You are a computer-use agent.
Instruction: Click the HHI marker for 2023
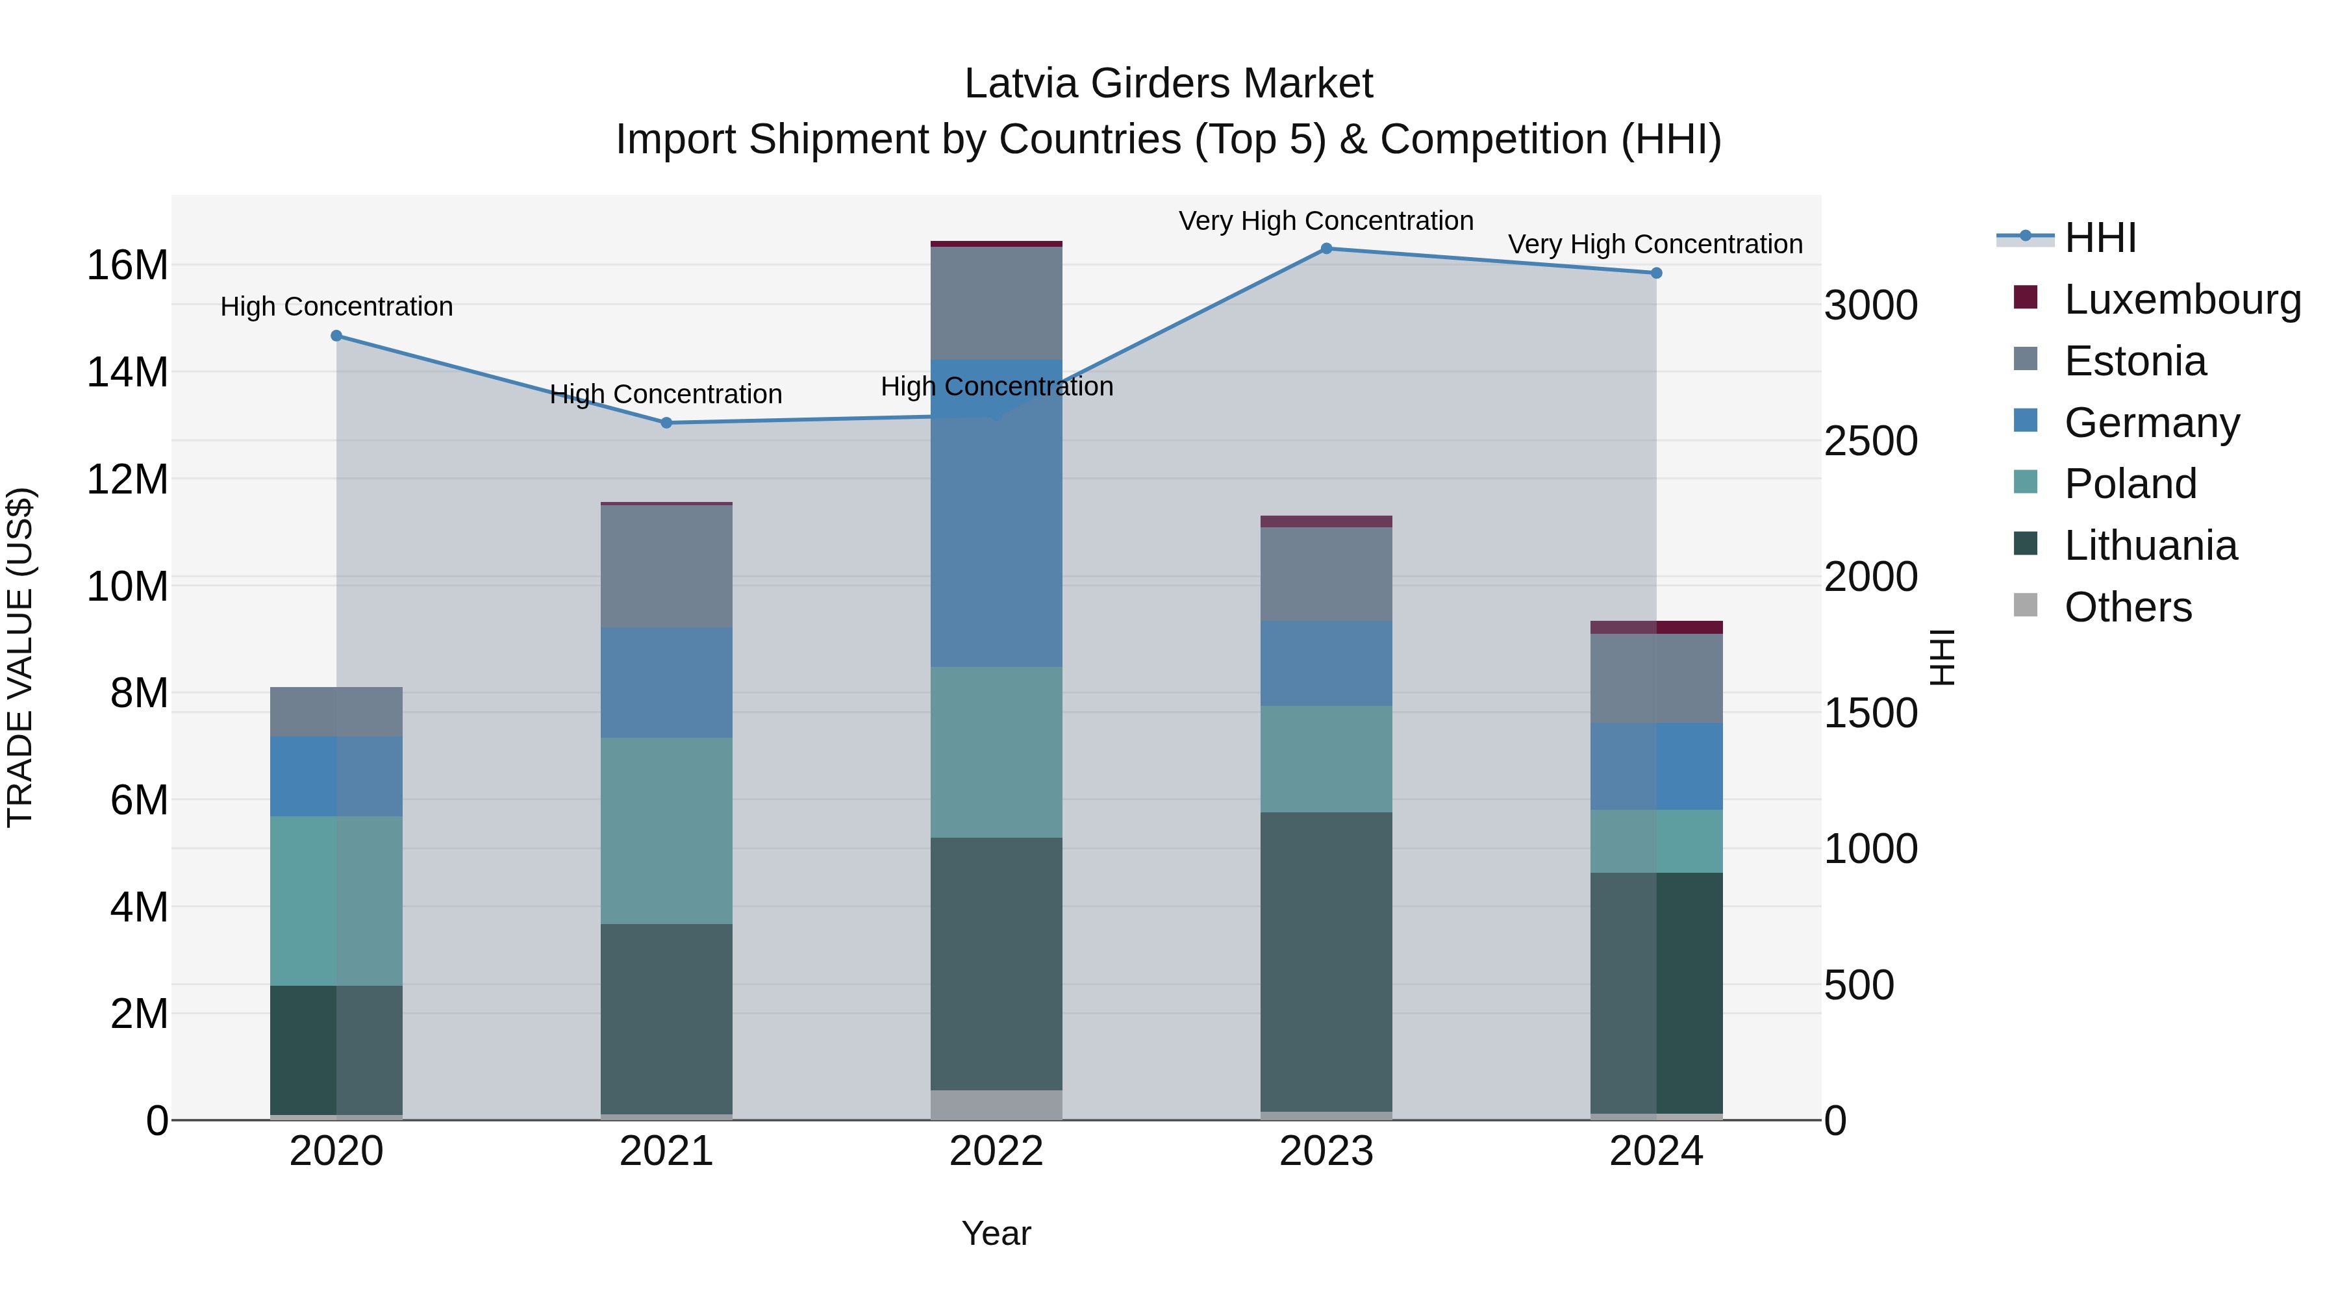tap(1326, 249)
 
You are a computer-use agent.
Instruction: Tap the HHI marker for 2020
tap(336, 336)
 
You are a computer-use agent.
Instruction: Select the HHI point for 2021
tap(666, 423)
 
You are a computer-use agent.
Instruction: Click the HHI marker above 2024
tap(1656, 273)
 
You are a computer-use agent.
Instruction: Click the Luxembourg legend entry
tap(2182, 299)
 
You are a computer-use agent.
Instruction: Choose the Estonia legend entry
tap(2135, 361)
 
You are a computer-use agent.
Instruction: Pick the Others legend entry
tap(2128, 607)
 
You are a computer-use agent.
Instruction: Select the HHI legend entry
tap(2100, 238)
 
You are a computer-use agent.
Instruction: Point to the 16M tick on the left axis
tap(127, 266)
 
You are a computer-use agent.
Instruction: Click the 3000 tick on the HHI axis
tap(1872, 306)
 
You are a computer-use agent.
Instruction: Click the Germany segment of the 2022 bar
tap(996, 514)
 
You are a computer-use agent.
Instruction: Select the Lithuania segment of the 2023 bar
tap(1326, 962)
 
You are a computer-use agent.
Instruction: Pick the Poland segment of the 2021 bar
tap(666, 831)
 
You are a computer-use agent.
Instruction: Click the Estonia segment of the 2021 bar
tap(666, 566)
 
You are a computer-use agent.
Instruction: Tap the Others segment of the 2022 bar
tap(996, 1105)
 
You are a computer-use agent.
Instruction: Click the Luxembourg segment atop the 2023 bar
tap(1326, 522)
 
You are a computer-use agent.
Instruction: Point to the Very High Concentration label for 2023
tap(1326, 221)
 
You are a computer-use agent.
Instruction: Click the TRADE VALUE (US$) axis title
tap(21, 657)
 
